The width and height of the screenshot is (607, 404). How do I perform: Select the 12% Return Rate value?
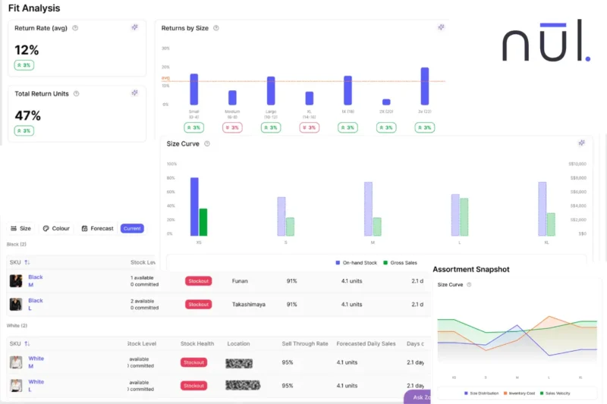[x=27, y=50]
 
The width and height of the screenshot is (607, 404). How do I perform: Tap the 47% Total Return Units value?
[x=28, y=115]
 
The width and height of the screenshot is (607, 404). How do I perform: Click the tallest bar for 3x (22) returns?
[x=425, y=86]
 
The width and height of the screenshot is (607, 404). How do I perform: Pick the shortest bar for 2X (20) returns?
[x=386, y=102]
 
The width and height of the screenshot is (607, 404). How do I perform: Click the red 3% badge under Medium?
[x=232, y=127]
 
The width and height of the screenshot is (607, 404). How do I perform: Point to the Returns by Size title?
[x=186, y=28]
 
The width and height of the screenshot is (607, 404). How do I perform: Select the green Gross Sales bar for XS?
[x=203, y=222]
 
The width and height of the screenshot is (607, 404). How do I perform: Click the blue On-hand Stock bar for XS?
[x=194, y=206]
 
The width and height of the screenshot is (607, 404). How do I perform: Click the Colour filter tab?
[x=56, y=228]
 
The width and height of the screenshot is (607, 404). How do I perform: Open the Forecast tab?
[x=97, y=228]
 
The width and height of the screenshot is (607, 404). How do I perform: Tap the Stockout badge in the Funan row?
[x=198, y=281]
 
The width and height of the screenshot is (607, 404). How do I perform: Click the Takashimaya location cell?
[x=246, y=304]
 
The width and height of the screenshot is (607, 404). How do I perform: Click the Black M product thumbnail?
[x=16, y=281]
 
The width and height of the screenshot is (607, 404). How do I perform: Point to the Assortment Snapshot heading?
[x=470, y=269]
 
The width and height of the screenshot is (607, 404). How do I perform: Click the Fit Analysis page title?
[x=34, y=8]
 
